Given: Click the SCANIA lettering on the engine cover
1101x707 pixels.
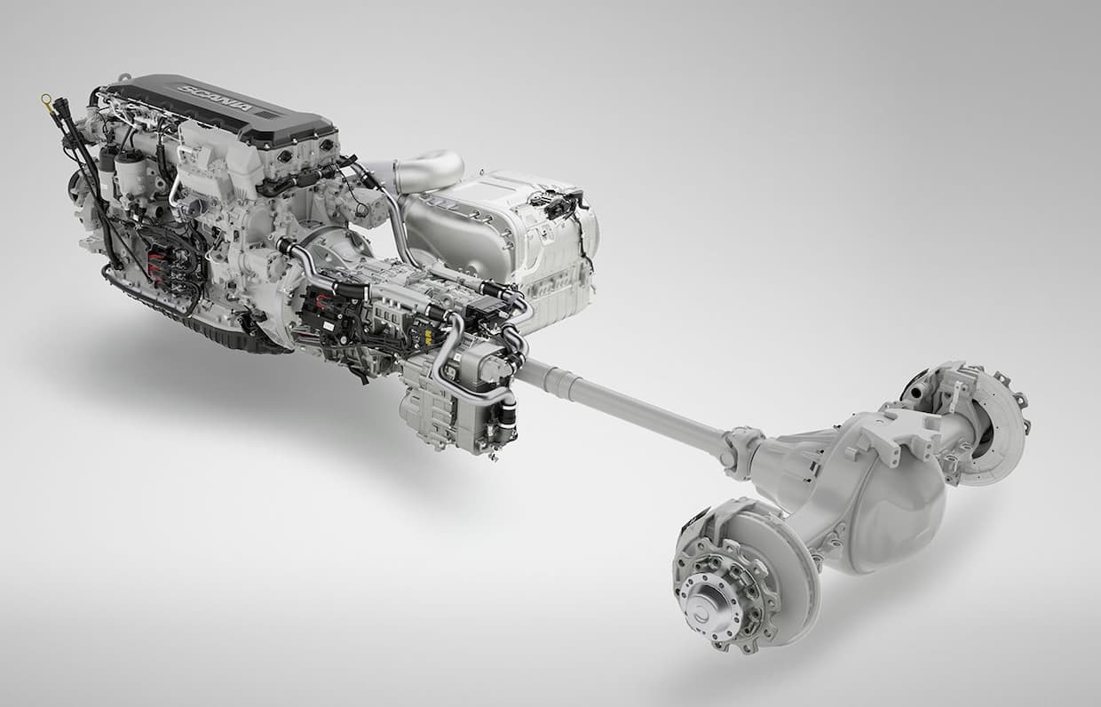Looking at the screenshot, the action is coord(218,99).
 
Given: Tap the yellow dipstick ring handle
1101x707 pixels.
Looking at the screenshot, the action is coord(47,99).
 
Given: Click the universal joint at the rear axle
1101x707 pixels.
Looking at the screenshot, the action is coord(741,449).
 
